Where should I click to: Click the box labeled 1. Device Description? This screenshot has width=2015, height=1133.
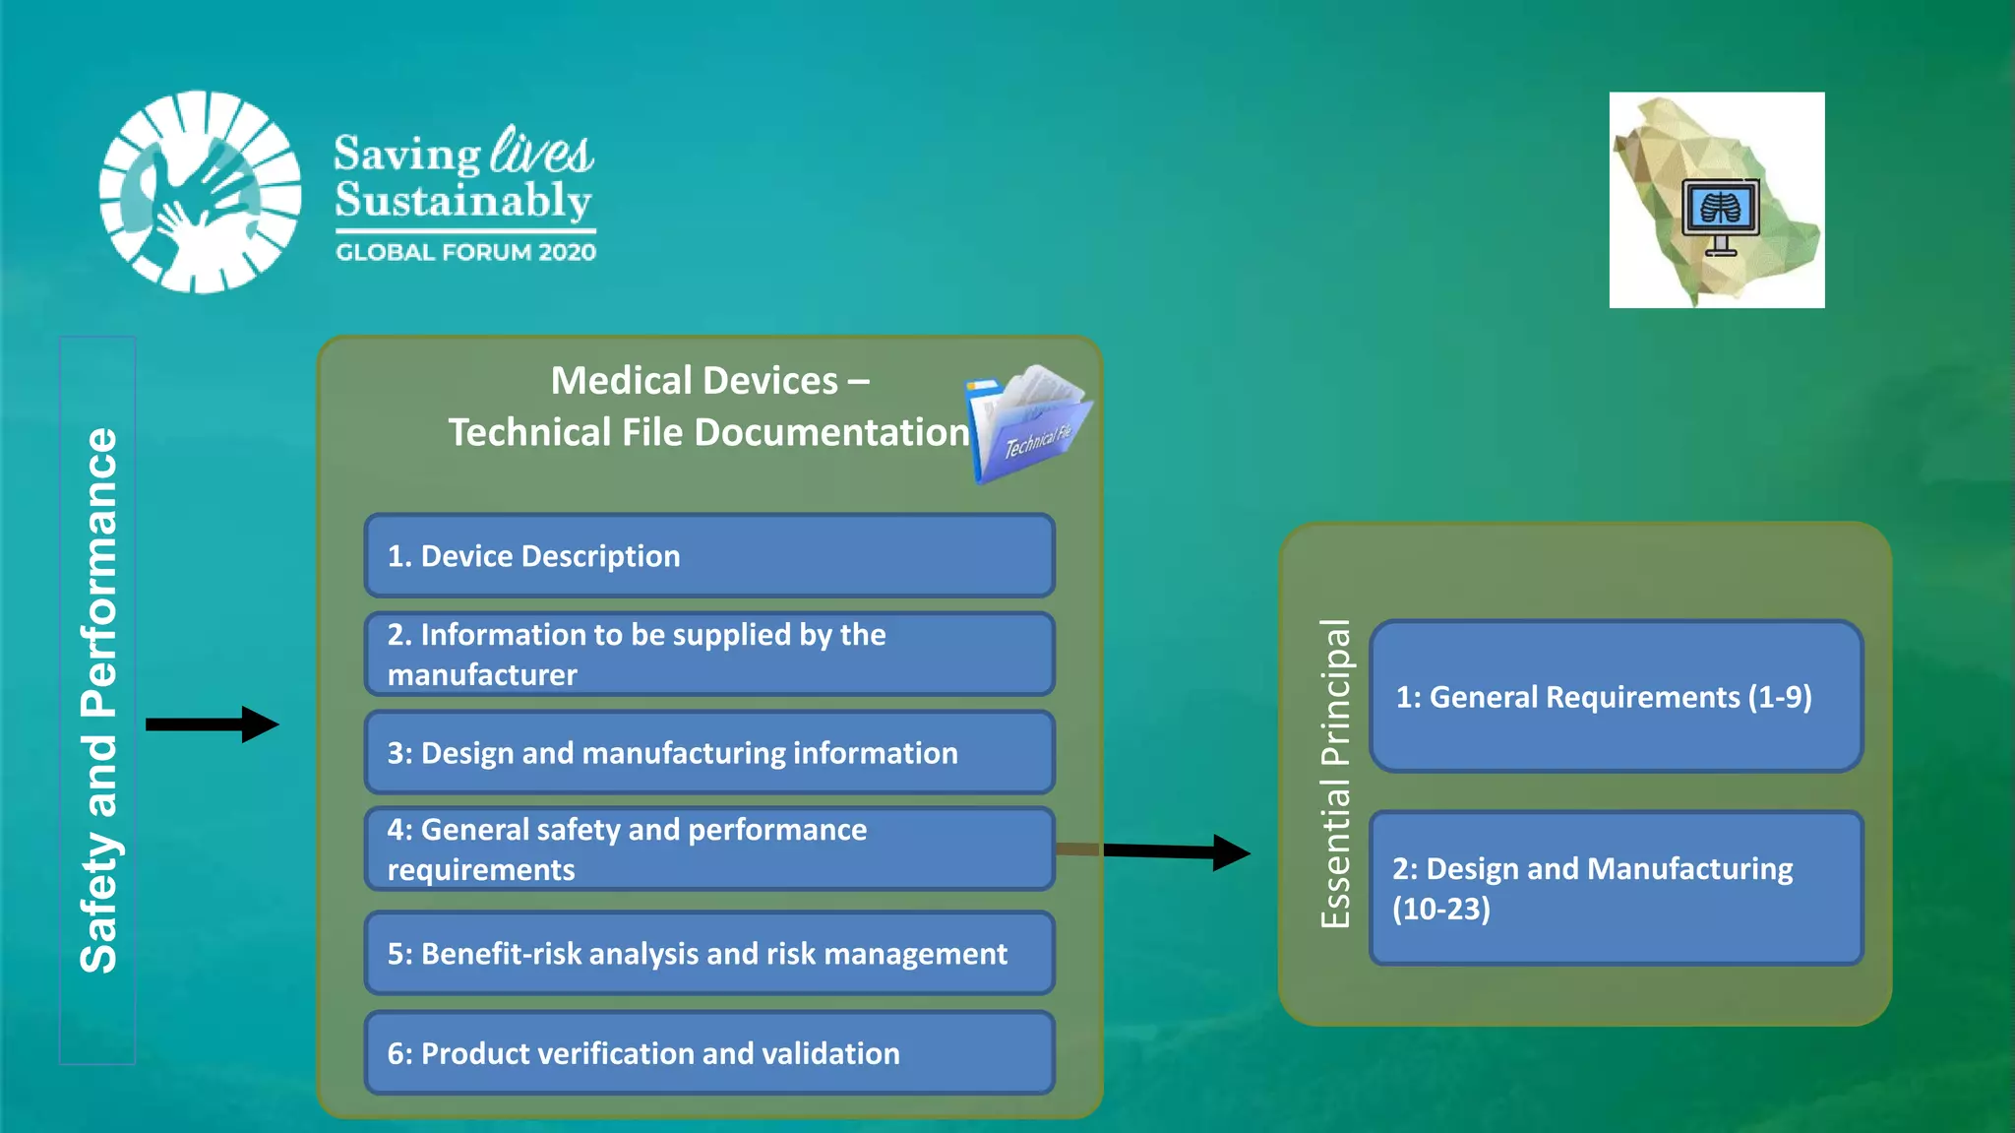pos(708,556)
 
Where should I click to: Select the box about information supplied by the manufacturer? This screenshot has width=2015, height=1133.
pos(708,655)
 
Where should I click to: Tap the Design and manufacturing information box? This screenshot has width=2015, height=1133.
pos(708,753)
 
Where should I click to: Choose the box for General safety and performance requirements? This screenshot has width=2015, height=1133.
pos(708,849)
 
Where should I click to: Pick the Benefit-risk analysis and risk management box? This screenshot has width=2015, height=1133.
pos(708,953)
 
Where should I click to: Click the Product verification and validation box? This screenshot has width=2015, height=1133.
pos(708,1053)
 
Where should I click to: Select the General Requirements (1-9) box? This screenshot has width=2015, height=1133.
pos(1616,697)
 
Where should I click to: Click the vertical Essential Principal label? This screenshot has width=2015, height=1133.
pos(1335,774)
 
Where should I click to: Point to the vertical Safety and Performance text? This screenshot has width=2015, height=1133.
pos(98,701)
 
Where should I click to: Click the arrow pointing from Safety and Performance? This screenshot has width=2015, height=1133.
pos(212,724)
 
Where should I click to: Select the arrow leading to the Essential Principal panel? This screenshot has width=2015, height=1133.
pos(1176,851)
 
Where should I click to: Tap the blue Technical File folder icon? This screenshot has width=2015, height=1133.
pos(1028,423)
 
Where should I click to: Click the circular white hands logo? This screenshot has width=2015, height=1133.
pos(201,192)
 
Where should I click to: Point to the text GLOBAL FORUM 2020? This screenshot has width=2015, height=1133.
pos(465,252)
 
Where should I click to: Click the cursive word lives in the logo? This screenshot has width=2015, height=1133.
pos(541,152)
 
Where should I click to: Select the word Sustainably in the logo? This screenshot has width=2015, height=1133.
pos(462,201)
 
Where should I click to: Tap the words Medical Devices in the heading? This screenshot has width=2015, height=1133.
pos(694,381)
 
